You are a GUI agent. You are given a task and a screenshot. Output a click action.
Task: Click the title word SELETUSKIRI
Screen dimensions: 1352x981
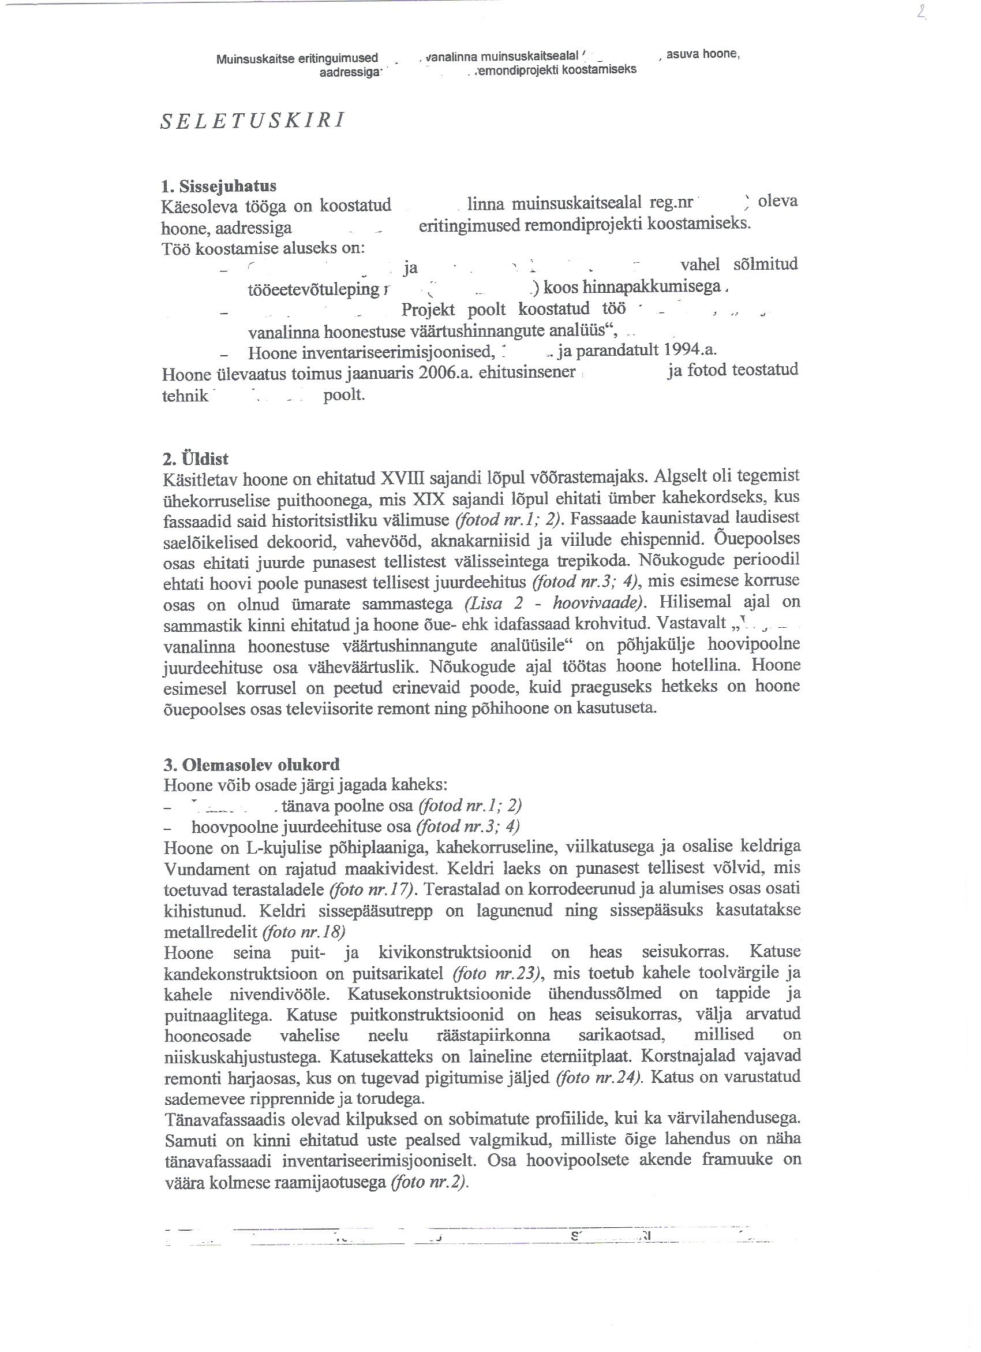pos(253,121)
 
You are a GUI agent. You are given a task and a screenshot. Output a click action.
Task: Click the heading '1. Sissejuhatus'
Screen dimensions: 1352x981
pos(219,186)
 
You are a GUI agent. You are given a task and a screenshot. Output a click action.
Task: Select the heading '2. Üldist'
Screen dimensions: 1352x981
pos(196,459)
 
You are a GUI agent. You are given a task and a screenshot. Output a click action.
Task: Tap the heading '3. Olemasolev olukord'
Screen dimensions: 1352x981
pos(252,764)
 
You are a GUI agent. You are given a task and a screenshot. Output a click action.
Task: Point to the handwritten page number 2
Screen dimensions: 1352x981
pos(922,12)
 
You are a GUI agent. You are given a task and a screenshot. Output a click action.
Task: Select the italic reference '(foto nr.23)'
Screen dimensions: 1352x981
pos(497,973)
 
